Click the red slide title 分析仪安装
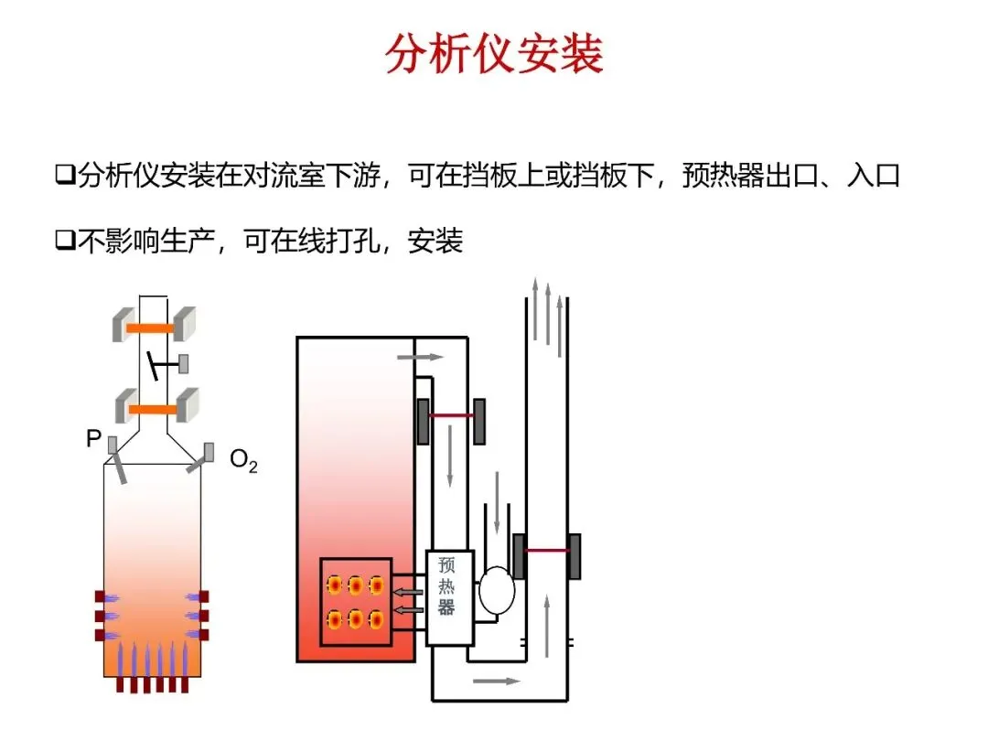[494, 55]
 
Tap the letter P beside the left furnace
[93, 439]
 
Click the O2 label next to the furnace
[243, 460]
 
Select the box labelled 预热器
[449, 596]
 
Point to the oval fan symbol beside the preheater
[497, 590]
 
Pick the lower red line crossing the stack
[547, 551]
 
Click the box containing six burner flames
[356, 601]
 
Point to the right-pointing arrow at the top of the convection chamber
[421, 356]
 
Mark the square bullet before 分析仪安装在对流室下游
[63, 175]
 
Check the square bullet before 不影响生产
[63, 242]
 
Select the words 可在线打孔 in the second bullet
[316, 242]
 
